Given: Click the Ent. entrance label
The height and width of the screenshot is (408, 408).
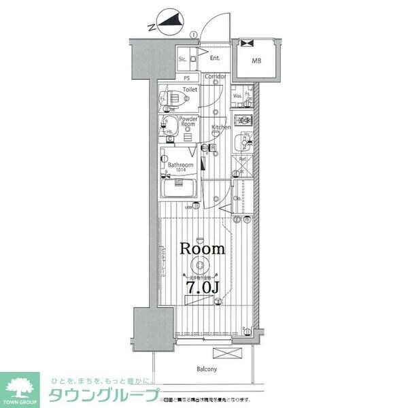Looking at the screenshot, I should (x=214, y=58).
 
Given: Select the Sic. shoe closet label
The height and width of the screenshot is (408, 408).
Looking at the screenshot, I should (x=182, y=60).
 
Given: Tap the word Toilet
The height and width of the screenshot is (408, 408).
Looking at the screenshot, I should (x=190, y=89).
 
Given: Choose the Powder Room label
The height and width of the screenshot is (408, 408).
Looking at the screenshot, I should (x=188, y=122).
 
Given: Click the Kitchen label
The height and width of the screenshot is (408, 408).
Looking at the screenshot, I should (x=221, y=127).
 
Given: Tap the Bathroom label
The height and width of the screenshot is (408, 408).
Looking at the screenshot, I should (x=181, y=165).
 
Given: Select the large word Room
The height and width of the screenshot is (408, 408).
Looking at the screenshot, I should (x=202, y=249).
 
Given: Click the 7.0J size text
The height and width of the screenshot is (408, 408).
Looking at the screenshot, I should (x=202, y=288).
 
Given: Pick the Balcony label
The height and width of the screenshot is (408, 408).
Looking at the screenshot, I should (x=207, y=369).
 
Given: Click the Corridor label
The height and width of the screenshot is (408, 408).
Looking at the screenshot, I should (x=216, y=76).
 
